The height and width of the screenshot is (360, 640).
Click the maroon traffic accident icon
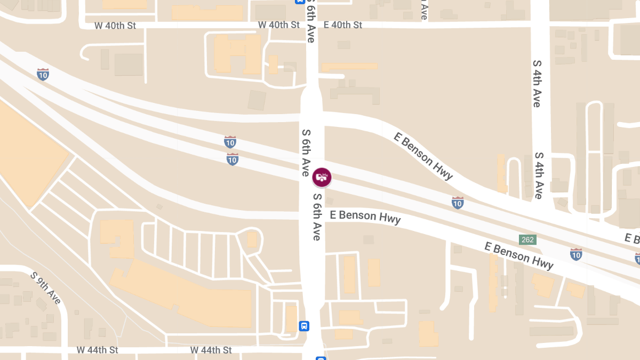tap(322, 177)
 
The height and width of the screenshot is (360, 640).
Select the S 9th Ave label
tap(46, 288)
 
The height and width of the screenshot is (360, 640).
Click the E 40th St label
tap(342, 25)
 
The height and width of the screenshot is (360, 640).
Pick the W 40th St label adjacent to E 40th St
tap(278, 25)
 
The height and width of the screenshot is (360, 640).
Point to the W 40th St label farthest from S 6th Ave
tap(115, 25)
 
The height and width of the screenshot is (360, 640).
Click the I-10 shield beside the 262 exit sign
tap(576, 254)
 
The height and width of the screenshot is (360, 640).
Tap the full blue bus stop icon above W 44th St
tap(304, 326)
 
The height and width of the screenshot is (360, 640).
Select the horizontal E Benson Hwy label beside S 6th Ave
tap(365, 217)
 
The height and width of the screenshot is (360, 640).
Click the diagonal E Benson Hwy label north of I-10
tap(423, 156)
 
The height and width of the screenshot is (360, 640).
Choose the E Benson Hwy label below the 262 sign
tap(518, 255)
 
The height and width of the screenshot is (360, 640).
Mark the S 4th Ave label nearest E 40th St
tap(537, 83)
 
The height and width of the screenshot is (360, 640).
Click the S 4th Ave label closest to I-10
tap(539, 175)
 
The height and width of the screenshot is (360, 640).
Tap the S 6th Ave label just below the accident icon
tap(317, 217)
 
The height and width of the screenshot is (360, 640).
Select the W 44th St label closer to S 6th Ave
tap(211, 350)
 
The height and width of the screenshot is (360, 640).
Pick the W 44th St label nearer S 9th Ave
tap(97, 350)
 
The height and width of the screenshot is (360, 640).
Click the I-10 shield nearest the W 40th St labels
tap(43, 74)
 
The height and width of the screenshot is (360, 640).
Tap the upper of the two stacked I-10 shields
tap(230, 142)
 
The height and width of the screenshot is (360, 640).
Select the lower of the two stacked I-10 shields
tap(233, 159)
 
